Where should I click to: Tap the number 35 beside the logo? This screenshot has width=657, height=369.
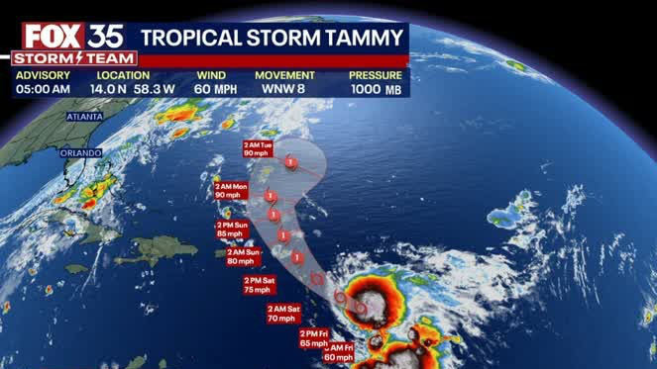pos(103,37)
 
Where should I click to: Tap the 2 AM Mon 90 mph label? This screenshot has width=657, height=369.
pos(232,190)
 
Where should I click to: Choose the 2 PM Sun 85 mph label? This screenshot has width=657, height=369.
pos(233,230)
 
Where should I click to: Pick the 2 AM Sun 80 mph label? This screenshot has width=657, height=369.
pos(242,256)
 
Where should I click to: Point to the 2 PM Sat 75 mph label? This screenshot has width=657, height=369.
pos(258,285)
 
